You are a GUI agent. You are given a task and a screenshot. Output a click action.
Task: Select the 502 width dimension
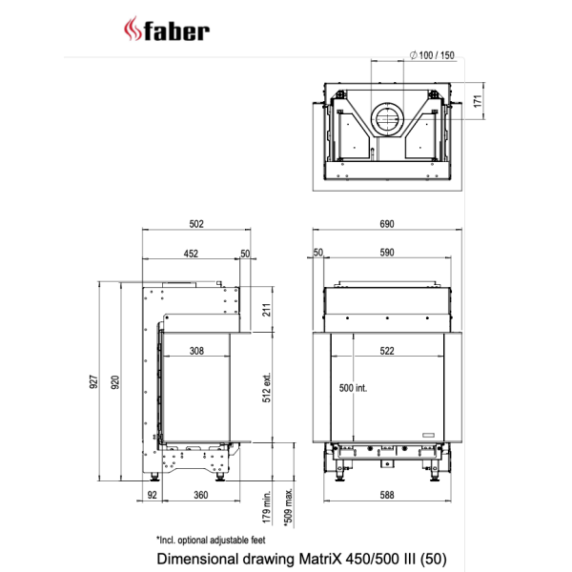click(196, 224)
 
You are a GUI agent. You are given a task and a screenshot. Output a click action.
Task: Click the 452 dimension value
click(191, 254)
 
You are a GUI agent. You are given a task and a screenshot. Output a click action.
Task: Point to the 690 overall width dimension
click(387, 224)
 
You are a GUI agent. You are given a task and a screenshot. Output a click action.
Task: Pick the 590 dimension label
click(386, 254)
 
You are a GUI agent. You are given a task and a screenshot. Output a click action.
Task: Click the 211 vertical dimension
click(267, 309)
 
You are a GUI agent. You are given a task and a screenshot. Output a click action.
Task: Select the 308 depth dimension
click(196, 351)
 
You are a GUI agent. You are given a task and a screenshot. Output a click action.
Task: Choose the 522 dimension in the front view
click(387, 351)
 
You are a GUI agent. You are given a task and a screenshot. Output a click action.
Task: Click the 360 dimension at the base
click(200, 495)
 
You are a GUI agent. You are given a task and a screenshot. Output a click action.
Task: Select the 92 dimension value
click(152, 495)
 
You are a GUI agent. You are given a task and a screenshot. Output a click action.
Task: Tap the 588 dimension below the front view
click(387, 495)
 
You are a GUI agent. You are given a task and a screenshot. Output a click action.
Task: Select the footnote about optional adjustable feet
click(210, 539)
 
